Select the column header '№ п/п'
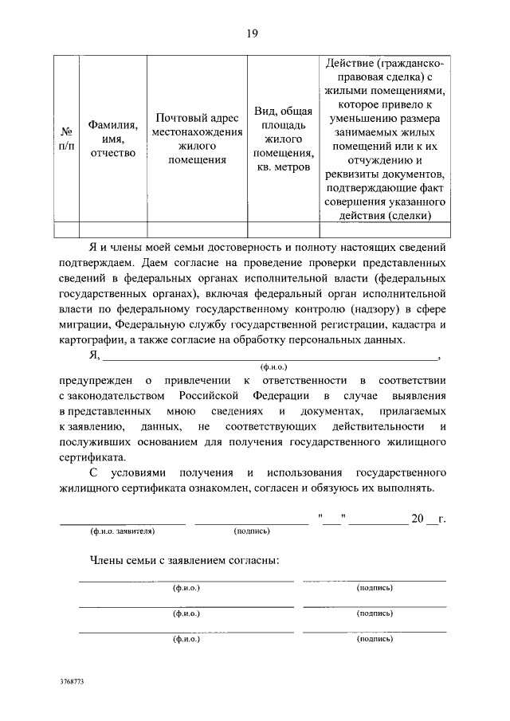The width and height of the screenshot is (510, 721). click(67, 137)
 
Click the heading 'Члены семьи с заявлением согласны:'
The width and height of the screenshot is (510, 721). click(184, 560)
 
